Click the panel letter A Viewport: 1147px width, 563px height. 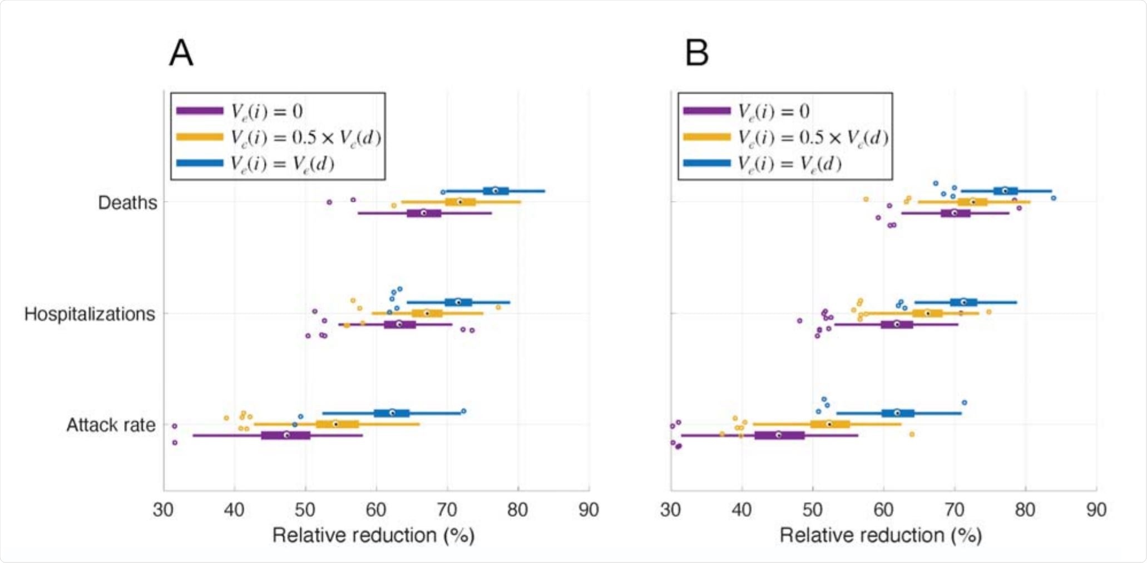[x=181, y=53]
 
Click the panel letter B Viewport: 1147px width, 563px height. [x=696, y=53]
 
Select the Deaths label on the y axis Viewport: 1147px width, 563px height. [x=127, y=203]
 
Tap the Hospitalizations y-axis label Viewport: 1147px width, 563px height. [x=90, y=314]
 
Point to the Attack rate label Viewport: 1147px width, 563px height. [x=111, y=425]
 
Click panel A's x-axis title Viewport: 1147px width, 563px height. [x=373, y=535]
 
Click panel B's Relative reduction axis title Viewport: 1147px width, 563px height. [x=881, y=535]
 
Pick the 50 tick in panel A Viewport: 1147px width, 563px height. [x=305, y=510]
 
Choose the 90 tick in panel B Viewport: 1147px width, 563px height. [x=1096, y=510]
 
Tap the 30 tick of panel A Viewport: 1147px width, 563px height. [x=164, y=510]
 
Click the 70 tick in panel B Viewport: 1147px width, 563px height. [x=955, y=510]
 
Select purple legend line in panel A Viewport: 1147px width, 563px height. [x=200, y=111]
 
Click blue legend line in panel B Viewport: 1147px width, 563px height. [x=707, y=163]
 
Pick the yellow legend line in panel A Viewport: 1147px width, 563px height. [x=200, y=137]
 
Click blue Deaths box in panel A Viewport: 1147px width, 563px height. [x=495, y=191]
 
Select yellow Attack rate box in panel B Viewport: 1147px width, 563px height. [x=829, y=424]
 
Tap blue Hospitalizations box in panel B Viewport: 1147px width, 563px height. [x=963, y=302]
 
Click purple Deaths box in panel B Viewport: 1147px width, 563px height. [x=955, y=213]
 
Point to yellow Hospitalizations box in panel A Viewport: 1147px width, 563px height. [x=427, y=313]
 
